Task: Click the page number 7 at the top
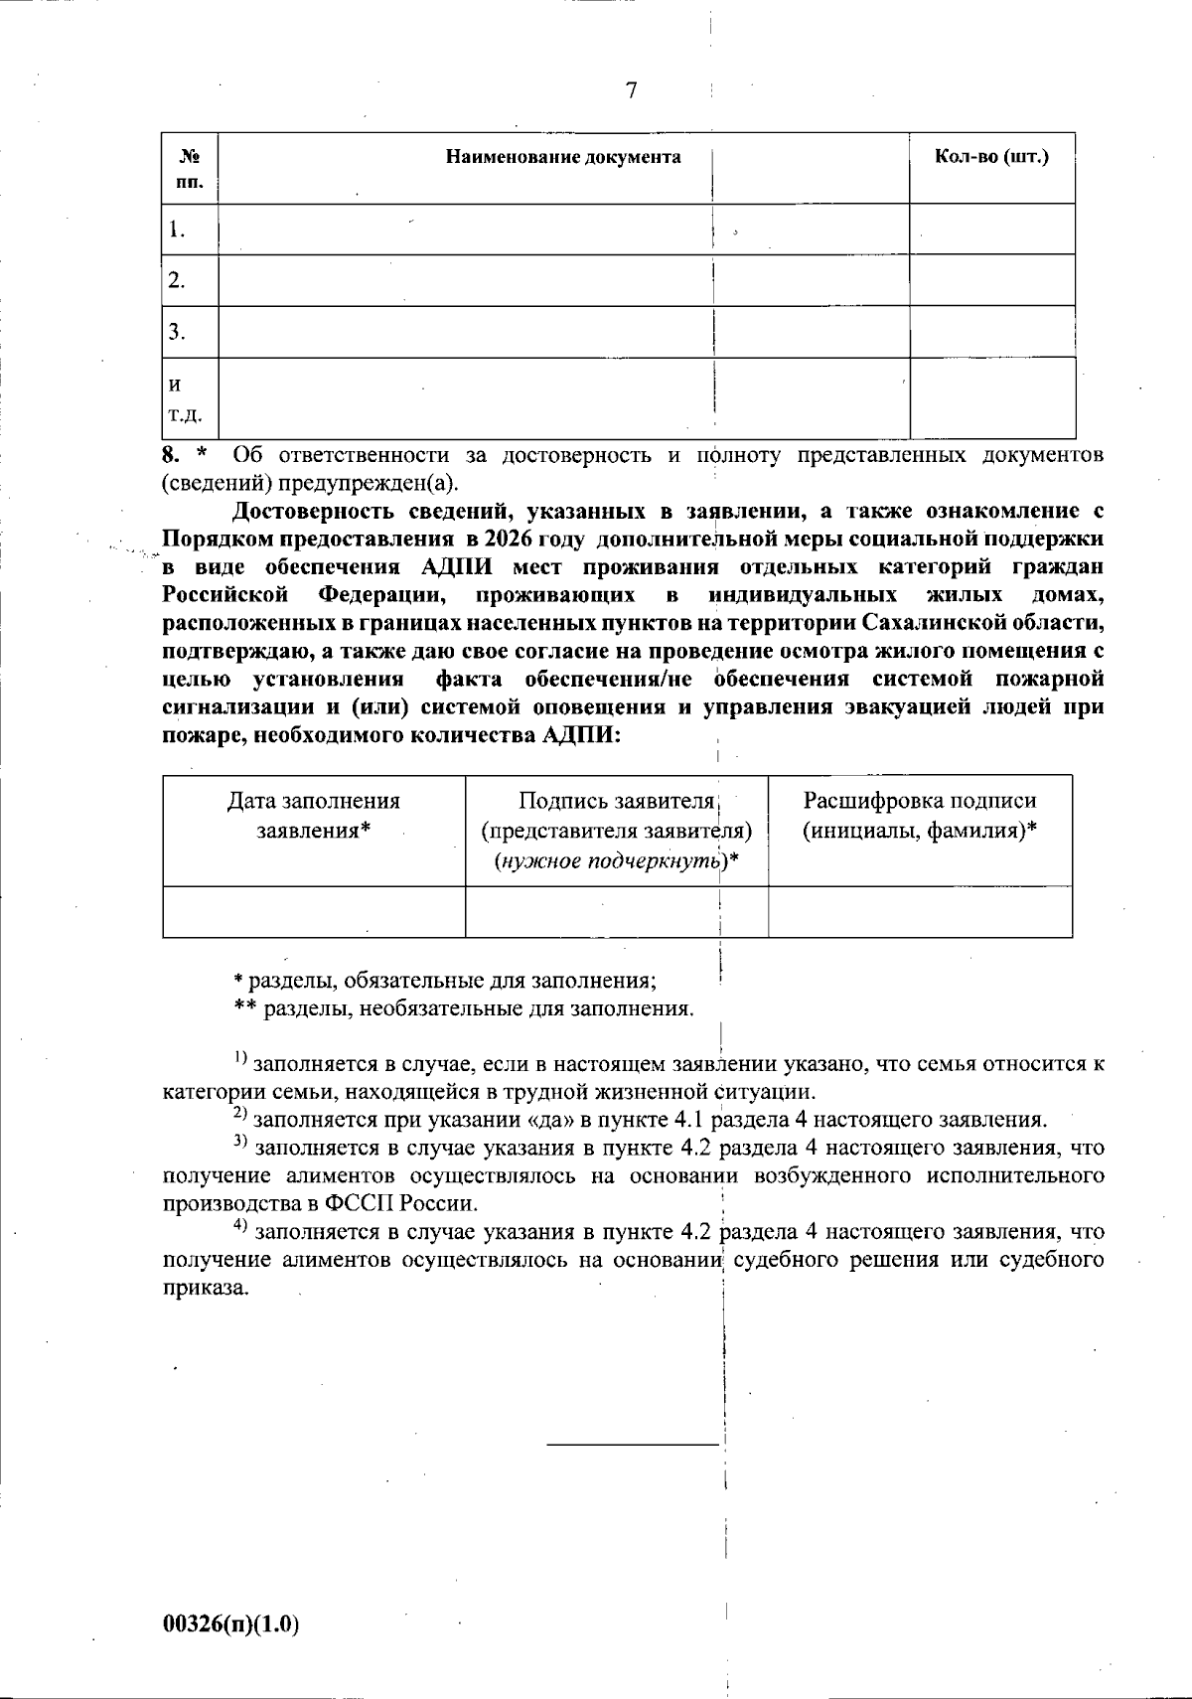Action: (x=632, y=91)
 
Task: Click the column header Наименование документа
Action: (x=563, y=157)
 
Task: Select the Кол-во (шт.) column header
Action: (x=991, y=157)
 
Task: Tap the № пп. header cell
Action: (x=190, y=169)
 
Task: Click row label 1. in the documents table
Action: (x=177, y=230)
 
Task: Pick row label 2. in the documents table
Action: (x=177, y=281)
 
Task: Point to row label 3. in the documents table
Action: (x=177, y=332)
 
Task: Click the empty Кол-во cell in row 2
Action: (x=991, y=280)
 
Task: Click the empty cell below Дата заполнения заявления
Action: (x=314, y=911)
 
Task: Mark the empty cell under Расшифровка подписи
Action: (x=920, y=911)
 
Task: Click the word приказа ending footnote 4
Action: (x=205, y=1288)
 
